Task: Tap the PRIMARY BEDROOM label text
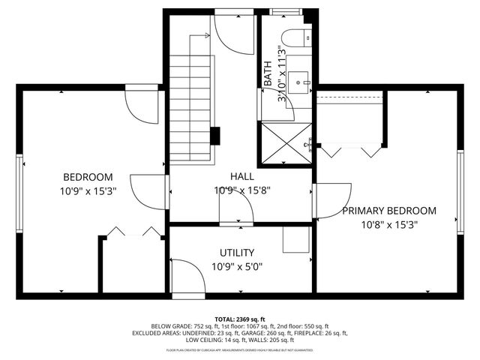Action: click(x=388, y=211)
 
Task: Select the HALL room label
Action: click(x=241, y=176)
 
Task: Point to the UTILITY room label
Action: click(x=237, y=253)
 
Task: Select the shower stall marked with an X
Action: click(x=285, y=144)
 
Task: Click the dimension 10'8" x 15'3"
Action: click(x=388, y=224)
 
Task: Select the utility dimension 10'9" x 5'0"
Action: click(x=237, y=266)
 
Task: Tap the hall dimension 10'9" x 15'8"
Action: click(x=241, y=190)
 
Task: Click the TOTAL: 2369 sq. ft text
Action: click(x=240, y=318)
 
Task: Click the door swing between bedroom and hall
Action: click(x=147, y=190)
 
